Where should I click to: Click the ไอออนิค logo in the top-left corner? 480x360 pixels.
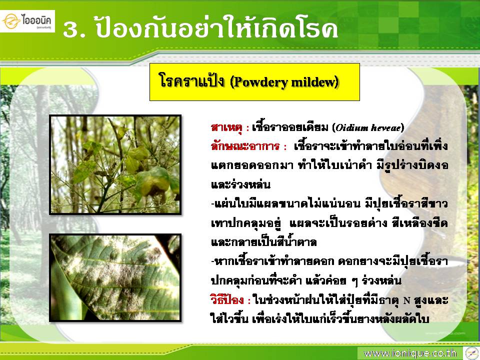click(27, 21)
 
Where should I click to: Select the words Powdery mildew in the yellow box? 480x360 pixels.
click(284, 82)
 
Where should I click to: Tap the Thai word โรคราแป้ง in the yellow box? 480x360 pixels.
click(192, 81)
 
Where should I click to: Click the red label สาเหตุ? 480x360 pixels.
click(226, 127)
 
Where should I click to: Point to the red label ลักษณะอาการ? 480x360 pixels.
click(245, 146)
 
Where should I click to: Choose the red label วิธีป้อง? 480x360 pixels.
click(227, 299)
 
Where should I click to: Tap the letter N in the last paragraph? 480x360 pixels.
click(406, 300)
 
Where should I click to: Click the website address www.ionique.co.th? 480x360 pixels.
click(410, 353)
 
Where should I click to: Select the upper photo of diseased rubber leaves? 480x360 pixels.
click(115, 164)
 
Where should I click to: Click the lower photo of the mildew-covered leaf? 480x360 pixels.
click(115, 277)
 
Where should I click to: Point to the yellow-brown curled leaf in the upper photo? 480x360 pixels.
click(153, 183)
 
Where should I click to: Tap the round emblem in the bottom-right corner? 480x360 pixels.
click(471, 353)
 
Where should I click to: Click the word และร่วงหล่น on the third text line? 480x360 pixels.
click(240, 184)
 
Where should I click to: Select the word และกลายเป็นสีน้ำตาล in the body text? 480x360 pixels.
click(264, 242)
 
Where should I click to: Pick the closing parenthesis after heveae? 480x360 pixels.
click(402, 127)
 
